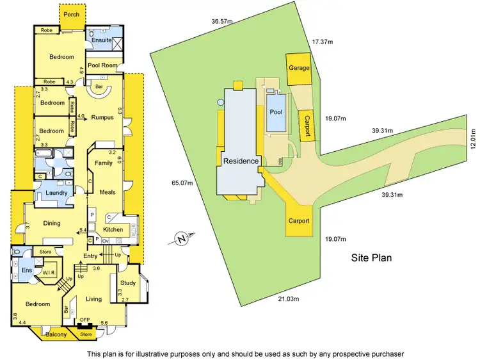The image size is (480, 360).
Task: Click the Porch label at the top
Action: pyautogui.click(x=71, y=13)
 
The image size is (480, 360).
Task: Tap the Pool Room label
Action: pyautogui.click(x=102, y=65)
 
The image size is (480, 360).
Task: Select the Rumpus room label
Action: pyautogui.click(x=102, y=117)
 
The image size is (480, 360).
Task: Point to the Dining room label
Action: pyautogui.click(x=52, y=223)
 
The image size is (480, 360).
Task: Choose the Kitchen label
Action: pyautogui.click(x=113, y=229)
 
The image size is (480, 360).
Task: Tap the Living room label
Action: pyautogui.click(x=94, y=299)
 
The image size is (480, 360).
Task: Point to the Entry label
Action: pyautogui.click(x=90, y=256)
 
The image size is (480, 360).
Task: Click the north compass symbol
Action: pyautogui.click(x=182, y=240)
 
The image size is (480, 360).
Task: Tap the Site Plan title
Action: pyautogui.click(x=371, y=258)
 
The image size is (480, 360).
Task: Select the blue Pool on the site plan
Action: pyautogui.click(x=276, y=112)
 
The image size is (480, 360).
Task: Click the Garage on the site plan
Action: pyautogui.click(x=299, y=68)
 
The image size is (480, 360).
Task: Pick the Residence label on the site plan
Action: pyautogui.click(x=241, y=161)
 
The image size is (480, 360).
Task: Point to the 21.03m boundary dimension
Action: pyautogui.click(x=292, y=299)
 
